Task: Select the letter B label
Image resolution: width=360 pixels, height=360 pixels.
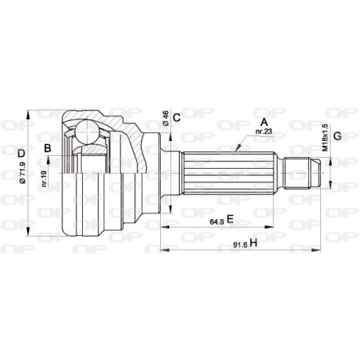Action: [x=49, y=148]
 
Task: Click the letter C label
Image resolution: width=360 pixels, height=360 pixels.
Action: [x=177, y=118]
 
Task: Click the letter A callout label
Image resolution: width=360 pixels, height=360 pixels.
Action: [x=264, y=122]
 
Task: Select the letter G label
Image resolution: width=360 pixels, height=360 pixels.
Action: [x=338, y=136]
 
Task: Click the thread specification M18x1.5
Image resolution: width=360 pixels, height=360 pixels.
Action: [x=324, y=137]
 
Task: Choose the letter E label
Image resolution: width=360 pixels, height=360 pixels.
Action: [x=230, y=218]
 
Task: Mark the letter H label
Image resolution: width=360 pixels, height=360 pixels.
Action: [x=252, y=243]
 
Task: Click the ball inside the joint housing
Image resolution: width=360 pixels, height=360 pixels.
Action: [x=90, y=132]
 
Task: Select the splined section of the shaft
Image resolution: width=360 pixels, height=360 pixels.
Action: [x=231, y=171]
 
